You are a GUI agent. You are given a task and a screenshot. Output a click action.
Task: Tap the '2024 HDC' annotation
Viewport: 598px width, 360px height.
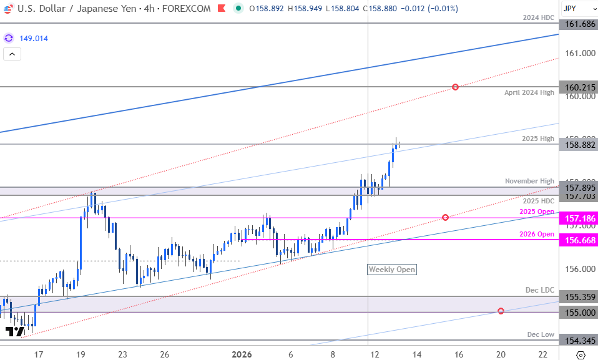[x=538, y=17]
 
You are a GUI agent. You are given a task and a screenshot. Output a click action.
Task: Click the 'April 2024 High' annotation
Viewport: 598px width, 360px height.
[x=529, y=92]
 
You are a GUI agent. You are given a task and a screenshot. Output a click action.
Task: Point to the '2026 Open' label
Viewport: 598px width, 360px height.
[x=537, y=234]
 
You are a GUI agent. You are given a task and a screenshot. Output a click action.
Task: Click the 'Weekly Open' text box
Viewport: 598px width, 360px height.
[x=391, y=270]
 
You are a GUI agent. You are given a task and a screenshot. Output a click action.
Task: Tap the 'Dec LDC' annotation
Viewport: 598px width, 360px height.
[x=540, y=291]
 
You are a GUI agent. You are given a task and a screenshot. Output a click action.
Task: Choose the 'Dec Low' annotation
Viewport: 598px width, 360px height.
[x=541, y=334]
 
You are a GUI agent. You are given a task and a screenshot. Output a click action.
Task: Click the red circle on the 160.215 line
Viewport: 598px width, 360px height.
[x=456, y=87]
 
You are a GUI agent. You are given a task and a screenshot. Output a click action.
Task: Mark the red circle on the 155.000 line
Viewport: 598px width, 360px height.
[x=501, y=311]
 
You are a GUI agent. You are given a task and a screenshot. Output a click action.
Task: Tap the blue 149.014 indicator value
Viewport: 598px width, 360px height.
[x=34, y=39]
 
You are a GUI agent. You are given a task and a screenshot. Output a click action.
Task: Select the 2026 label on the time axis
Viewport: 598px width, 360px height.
[x=242, y=354]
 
